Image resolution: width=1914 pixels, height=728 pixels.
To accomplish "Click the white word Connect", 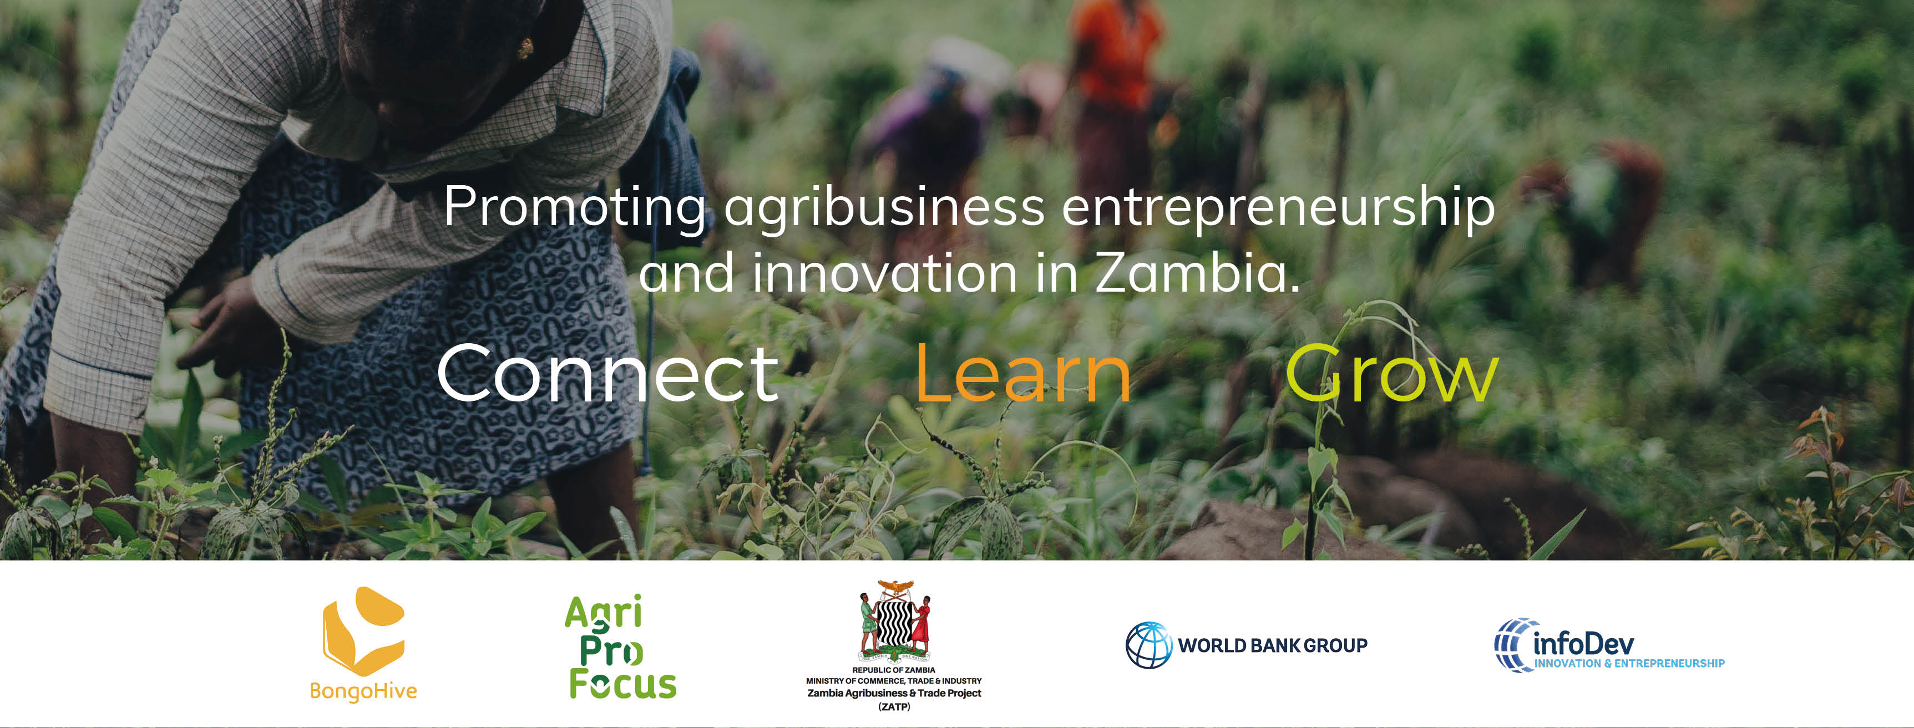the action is [x=608, y=374].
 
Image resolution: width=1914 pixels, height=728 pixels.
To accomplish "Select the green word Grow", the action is [x=1391, y=373].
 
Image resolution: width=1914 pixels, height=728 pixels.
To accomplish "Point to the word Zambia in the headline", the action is [x=1197, y=273].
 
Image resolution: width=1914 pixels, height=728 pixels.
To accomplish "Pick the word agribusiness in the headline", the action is [x=884, y=208].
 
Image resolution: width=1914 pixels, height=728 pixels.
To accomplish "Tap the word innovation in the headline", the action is [x=884, y=273].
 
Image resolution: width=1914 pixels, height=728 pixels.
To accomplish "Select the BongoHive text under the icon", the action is [x=363, y=691].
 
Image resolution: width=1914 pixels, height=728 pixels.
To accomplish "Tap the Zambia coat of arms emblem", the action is [x=894, y=621].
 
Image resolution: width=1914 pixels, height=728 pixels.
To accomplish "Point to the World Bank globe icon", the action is [x=1149, y=645].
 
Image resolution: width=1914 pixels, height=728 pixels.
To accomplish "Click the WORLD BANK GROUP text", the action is [x=1272, y=645].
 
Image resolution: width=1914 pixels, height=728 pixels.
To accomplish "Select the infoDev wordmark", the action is [x=1583, y=643].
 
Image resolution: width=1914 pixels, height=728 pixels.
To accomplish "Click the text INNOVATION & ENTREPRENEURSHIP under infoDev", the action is [x=1629, y=663].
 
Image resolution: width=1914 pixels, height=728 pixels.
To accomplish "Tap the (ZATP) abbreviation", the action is [x=894, y=706].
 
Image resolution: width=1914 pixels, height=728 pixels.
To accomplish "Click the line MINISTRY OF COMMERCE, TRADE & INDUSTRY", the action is [x=894, y=680].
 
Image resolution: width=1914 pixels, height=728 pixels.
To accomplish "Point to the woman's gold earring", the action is [x=525, y=48].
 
